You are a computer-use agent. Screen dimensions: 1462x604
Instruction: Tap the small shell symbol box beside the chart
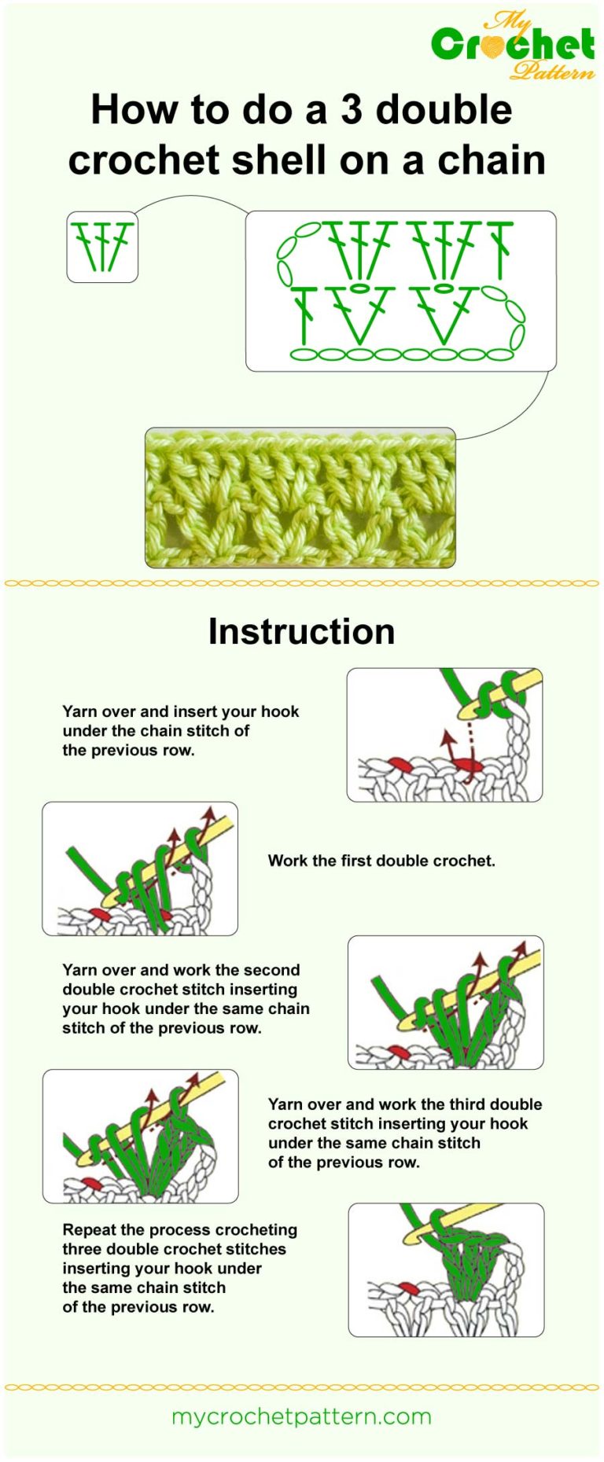click(x=102, y=247)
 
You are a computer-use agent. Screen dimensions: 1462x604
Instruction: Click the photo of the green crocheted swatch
click(x=300, y=498)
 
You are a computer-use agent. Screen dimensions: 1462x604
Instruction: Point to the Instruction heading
click(x=301, y=632)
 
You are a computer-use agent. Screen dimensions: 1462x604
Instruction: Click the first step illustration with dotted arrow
click(x=444, y=735)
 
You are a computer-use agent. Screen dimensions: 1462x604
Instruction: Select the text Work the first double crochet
click(x=381, y=861)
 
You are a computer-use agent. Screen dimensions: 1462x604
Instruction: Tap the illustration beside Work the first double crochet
click(x=140, y=869)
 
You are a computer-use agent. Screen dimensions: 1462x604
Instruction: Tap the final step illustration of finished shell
click(x=446, y=1269)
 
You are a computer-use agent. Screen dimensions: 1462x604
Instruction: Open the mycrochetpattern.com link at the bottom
click(x=301, y=1417)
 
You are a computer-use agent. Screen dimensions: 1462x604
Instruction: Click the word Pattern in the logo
click(x=552, y=72)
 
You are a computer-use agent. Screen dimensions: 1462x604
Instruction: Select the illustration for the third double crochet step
click(x=140, y=1136)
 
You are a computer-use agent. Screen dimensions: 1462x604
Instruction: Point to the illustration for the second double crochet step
click(x=445, y=1002)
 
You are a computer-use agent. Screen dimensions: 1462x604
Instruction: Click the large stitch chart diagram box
click(x=400, y=291)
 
